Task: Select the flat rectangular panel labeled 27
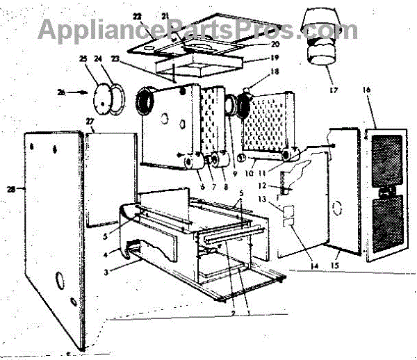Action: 108,177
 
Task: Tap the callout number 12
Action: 281,185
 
